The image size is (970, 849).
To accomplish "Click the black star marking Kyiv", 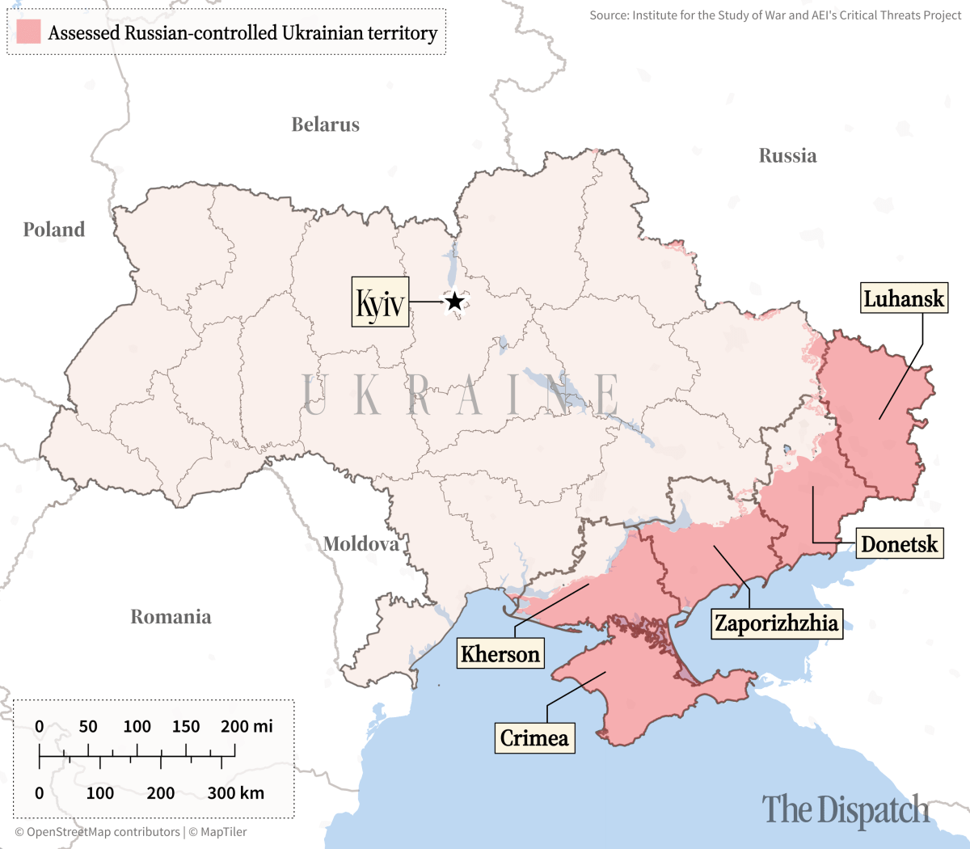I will point(455,302).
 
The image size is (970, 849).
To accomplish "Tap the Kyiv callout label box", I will point(380,302).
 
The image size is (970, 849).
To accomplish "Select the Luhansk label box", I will point(903,298).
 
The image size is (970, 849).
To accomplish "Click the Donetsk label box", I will point(899,544).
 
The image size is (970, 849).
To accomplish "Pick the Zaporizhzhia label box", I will point(777,623).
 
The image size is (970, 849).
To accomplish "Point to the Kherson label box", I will point(500,653).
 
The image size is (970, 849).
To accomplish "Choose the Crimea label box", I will point(534,737).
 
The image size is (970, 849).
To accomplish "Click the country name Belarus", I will point(325,125).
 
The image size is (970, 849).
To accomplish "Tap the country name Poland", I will point(54,230).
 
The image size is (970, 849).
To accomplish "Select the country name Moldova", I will point(361,544).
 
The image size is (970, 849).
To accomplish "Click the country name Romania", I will point(171,617).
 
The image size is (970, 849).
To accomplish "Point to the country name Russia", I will point(787,156).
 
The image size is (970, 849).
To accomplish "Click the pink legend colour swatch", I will point(28,32).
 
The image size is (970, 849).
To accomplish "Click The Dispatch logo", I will point(846,809).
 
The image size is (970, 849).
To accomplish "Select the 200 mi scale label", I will point(247,726).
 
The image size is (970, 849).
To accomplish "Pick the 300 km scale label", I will point(235,792).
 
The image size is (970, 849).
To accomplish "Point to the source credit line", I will point(775,15).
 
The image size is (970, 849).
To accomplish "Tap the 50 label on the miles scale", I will point(88,726).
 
